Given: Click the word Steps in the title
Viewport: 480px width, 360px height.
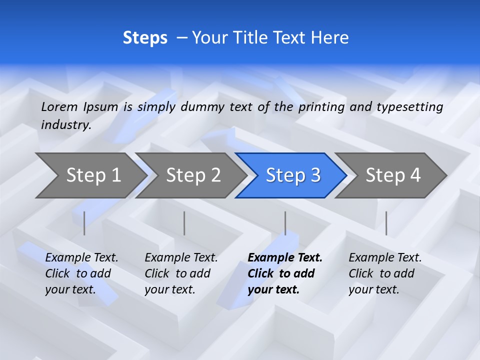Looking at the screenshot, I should (145, 38).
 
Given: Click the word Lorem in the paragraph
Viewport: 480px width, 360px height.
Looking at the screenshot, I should (59, 106).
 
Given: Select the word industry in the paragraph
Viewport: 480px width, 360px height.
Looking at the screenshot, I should (65, 125).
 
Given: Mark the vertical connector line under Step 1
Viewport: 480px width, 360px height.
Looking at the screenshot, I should (84, 223).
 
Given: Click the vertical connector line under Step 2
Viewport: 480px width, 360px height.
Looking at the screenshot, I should (184, 223).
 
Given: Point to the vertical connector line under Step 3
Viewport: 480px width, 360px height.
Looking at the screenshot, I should (285, 223).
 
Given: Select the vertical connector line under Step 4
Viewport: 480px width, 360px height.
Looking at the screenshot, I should (386, 223).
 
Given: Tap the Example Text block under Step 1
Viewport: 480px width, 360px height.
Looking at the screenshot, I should (81, 273).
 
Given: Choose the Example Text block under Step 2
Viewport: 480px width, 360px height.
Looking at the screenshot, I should (181, 273).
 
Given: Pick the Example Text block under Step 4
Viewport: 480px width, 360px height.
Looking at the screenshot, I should (385, 273).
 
